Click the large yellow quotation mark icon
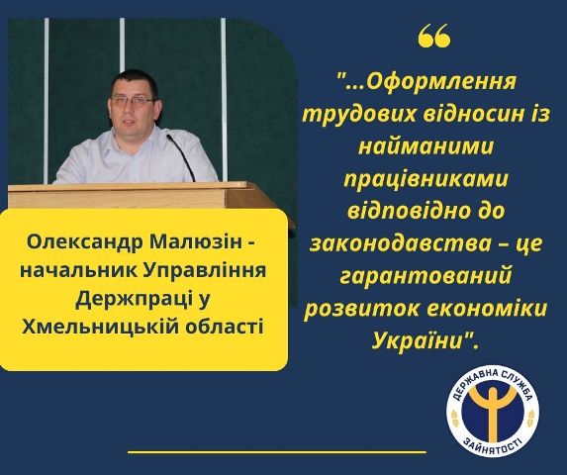click(434, 36)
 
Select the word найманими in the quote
click(425, 146)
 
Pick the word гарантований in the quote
click(425, 277)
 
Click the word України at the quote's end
click(419, 340)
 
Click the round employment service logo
click(492, 412)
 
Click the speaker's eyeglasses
click(133, 100)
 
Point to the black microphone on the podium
click(180, 157)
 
